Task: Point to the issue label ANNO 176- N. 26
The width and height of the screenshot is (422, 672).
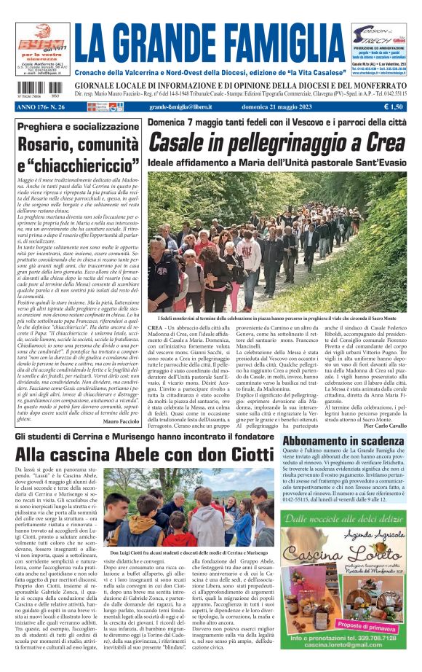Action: [x=40, y=107]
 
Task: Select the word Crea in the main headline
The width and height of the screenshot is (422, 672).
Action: [x=371, y=142]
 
